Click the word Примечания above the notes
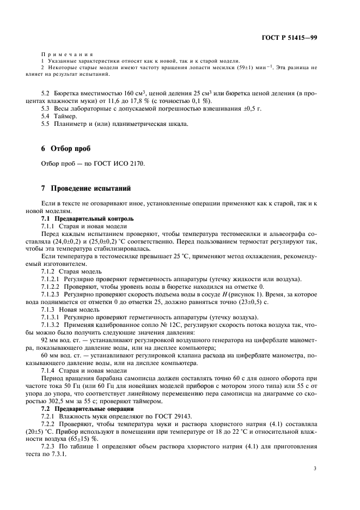pos(67,55)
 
